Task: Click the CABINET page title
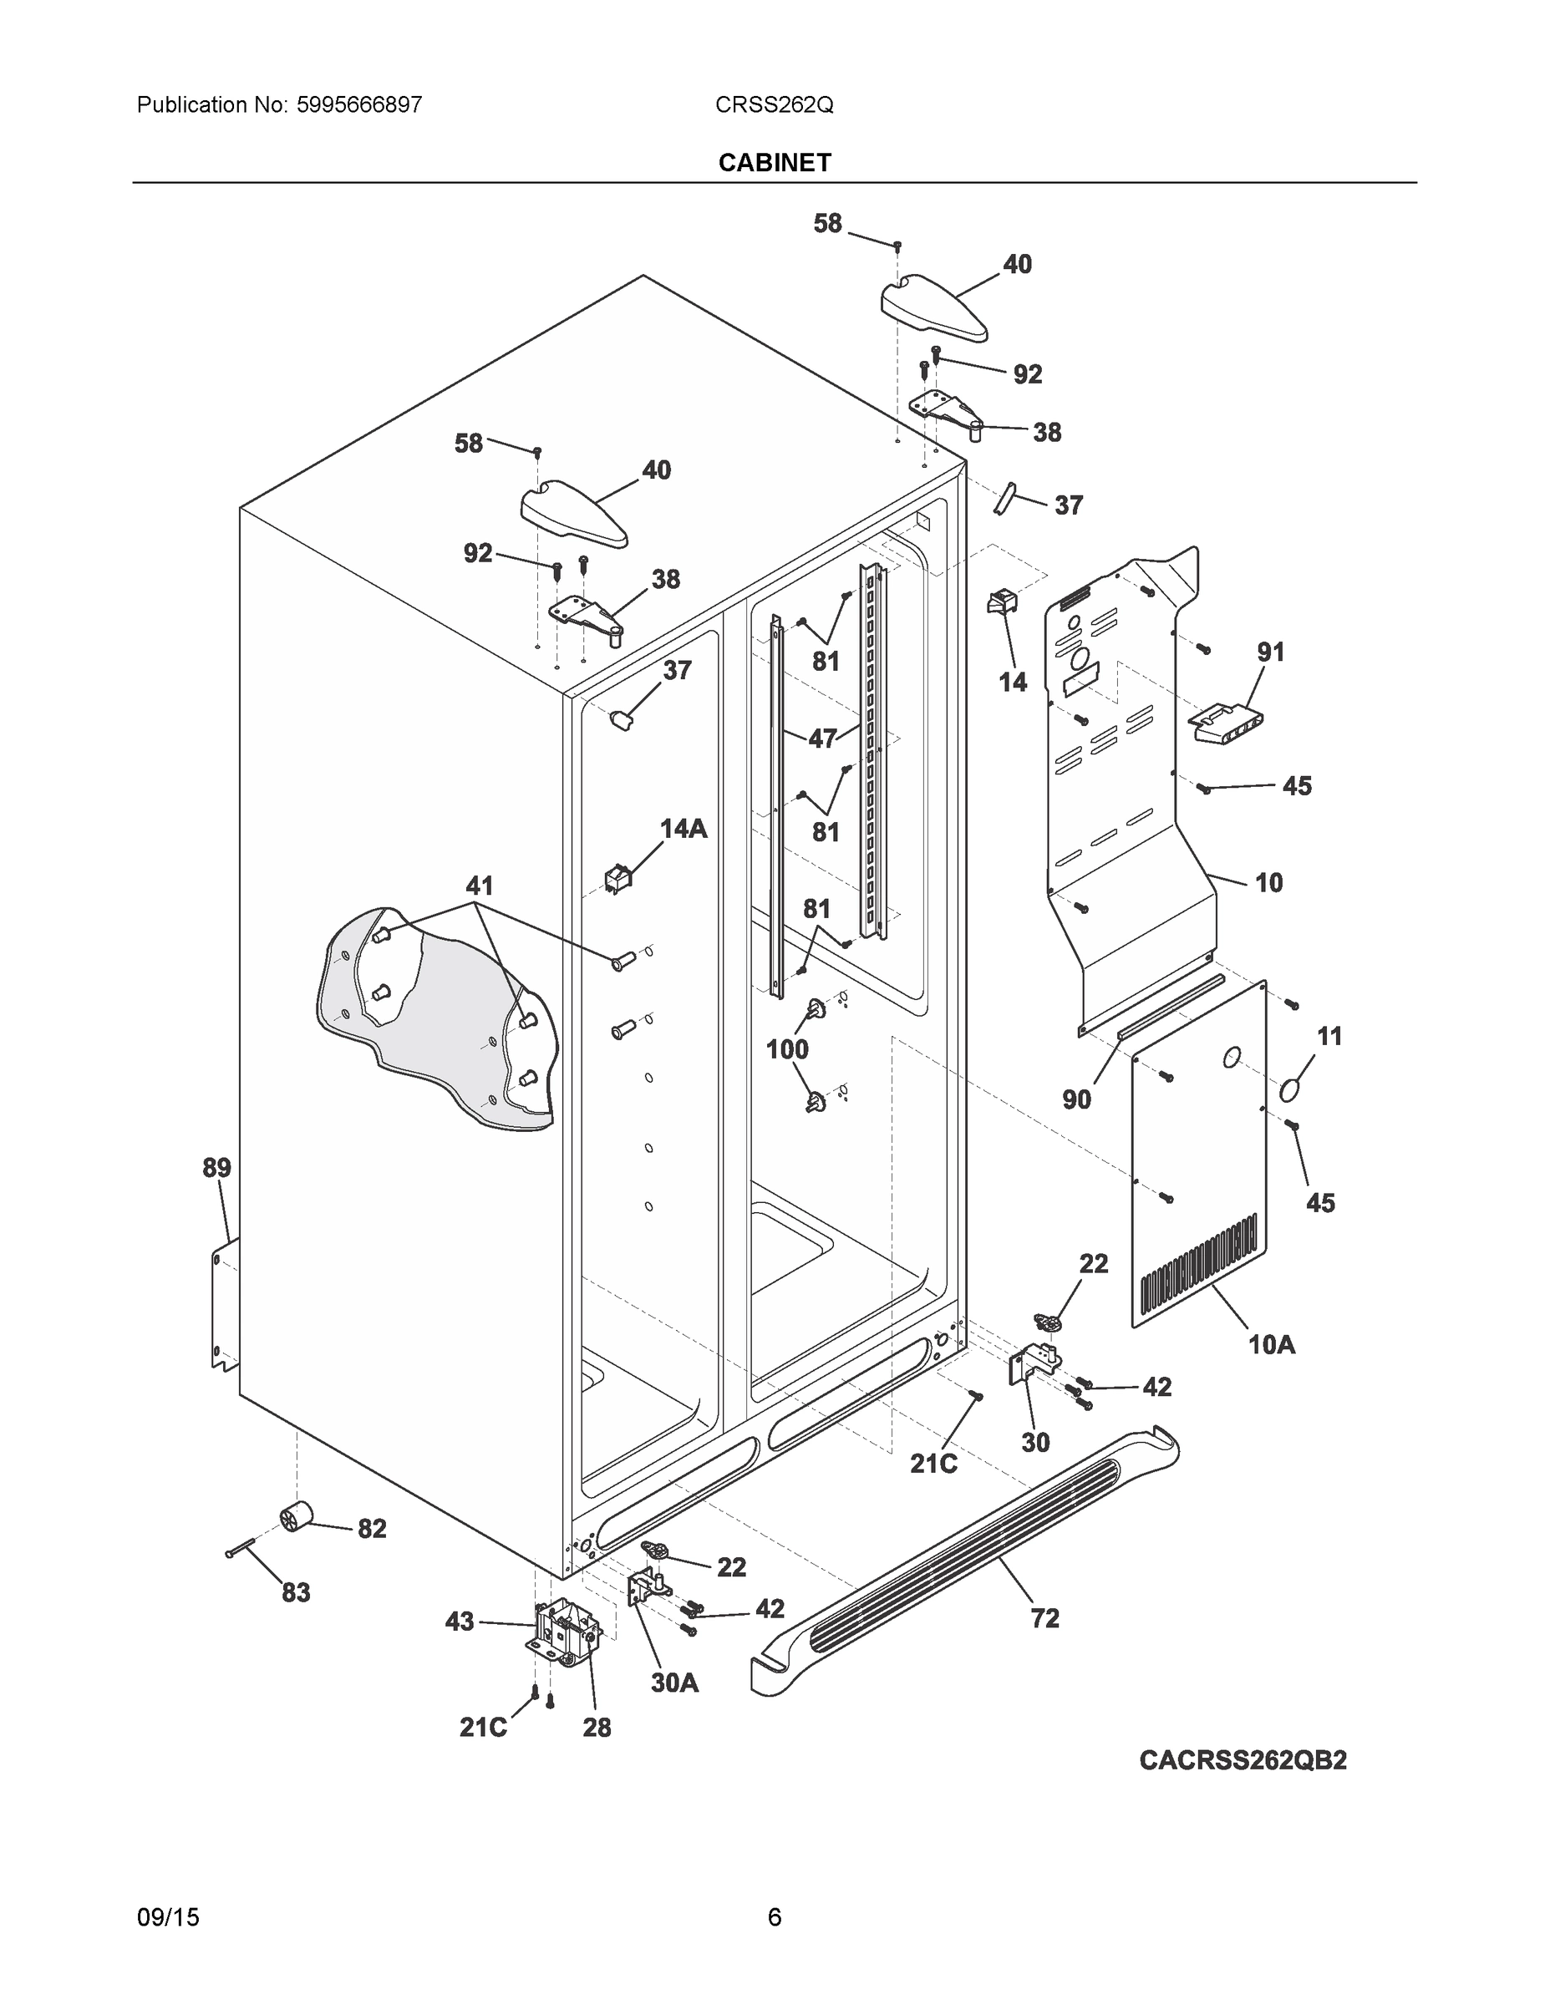(x=774, y=163)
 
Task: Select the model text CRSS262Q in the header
(x=774, y=104)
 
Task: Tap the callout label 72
(x=1045, y=1618)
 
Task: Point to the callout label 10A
(x=1271, y=1345)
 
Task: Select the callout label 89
(x=216, y=1168)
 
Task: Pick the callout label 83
(x=296, y=1593)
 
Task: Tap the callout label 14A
(x=684, y=829)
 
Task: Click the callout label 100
(x=787, y=1049)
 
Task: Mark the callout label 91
(x=1271, y=652)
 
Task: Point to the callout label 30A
(x=675, y=1683)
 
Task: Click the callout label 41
(x=480, y=886)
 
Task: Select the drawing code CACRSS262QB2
(x=1243, y=1760)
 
